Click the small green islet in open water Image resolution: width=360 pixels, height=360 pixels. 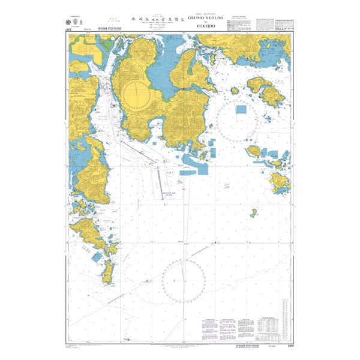tap(254, 213)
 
